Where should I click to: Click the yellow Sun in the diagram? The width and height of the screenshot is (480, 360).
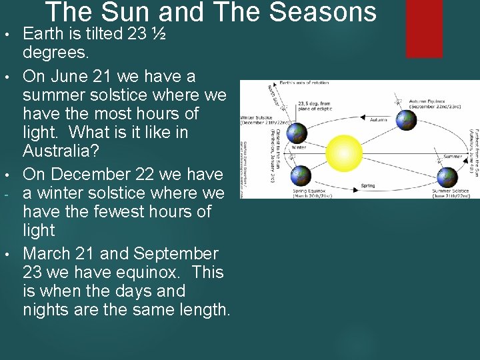[344, 154]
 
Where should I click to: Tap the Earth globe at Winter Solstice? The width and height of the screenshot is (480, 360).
[298, 133]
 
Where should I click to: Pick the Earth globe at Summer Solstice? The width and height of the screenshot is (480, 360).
[447, 177]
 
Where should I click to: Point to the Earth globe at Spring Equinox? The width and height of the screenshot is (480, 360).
[301, 175]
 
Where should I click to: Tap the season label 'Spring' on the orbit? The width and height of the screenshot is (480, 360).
[367, 185]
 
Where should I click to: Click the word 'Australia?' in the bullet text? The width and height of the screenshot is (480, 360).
[61, 151]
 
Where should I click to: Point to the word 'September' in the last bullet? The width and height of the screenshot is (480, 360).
[176, 254]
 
